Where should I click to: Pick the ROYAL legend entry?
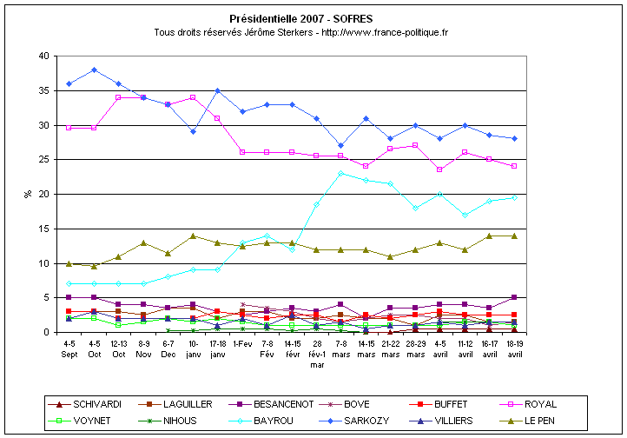pos(539,404)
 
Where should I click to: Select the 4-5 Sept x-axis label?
pos(69,348)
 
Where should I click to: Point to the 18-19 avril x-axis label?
pos(516,348)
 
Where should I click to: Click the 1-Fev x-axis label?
pos(243,342)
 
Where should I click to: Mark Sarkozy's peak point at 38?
pos(94,70)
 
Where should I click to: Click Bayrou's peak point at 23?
pos(342,173)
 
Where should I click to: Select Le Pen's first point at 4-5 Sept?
pos(69,263)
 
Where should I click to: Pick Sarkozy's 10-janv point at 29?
pos(194,131)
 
